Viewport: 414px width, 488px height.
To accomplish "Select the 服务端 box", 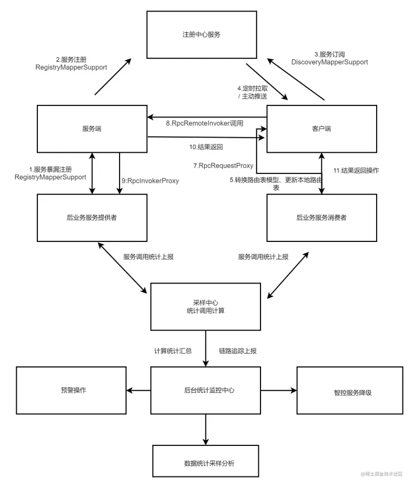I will point(92,128).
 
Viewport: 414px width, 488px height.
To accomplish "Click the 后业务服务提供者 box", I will point(92,218).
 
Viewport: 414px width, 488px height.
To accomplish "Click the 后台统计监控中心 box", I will point(205,391).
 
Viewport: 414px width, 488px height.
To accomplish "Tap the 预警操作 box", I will point(71,391).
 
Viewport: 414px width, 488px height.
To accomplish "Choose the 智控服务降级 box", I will point(351,392).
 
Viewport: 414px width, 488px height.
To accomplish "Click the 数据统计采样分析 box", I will point(205,463).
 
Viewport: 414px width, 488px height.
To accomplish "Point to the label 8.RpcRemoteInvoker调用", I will point(205,123).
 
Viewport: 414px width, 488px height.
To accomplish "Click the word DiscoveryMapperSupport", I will point(329,62).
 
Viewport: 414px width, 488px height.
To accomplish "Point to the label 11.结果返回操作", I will point(356,171).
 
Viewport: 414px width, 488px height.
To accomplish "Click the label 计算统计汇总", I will point(172,350).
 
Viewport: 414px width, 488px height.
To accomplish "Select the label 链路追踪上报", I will point(237,350).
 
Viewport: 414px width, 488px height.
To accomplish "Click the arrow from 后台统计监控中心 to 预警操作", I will point(138,391).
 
